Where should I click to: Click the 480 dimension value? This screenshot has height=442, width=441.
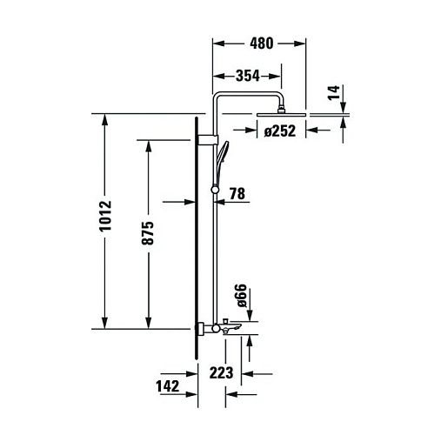(x=262, y=44)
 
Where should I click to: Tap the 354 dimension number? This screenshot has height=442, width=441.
(x=248, y=76)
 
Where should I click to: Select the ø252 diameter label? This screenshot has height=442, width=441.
(x=280, y=131)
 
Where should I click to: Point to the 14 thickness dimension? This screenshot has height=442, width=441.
(x=334, y=92)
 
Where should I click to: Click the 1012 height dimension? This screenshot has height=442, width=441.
(x=105, y=216)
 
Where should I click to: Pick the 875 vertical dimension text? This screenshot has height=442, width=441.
(x=148, y=233)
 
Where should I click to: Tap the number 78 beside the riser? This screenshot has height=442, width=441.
(x=237, y=194)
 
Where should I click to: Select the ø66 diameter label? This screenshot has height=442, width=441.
(x=242, y=296)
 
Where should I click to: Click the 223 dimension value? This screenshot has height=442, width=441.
(x=221, y=373)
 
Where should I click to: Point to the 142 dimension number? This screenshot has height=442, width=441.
(x=168, y=386)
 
